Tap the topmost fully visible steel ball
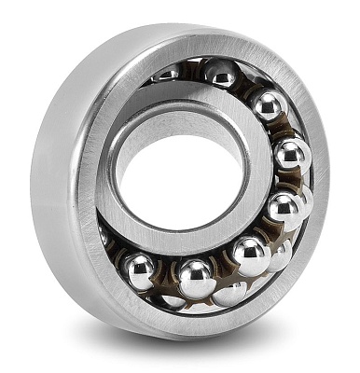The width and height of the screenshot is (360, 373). click(222, 74)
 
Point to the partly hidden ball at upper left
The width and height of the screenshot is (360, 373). click(168, 72)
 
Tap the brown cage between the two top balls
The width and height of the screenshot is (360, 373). click(244, 86)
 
